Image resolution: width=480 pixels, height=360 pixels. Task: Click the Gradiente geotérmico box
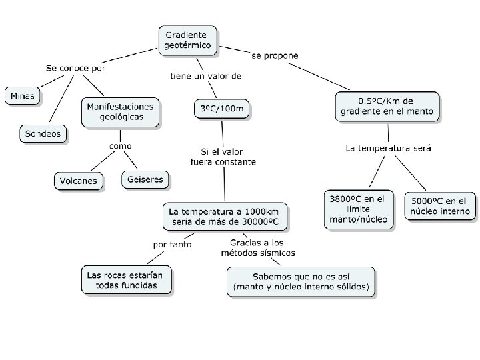coord(187,40)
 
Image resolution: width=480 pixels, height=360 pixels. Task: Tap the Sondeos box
coord(43,134)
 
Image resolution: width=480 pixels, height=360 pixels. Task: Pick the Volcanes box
coord(79,181)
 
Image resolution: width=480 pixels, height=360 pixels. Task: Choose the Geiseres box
coord(145,179)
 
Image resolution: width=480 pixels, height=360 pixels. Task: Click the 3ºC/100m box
coord(221,107)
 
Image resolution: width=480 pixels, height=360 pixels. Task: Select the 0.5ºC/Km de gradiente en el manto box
coord(386,106)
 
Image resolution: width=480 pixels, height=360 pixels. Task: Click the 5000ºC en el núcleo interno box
coord(440,206)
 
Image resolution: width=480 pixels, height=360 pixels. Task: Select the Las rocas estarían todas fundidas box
coord(127,280)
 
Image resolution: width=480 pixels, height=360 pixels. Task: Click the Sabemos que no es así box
coord(301,281)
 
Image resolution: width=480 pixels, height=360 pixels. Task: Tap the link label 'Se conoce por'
coord(75,68)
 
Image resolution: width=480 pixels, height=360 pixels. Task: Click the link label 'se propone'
coord(275,55)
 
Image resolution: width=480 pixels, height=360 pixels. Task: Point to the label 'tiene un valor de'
coord(205,75)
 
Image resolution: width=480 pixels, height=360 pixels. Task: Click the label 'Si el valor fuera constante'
coord(222,156)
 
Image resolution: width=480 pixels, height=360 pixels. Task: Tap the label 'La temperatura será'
coord(389,148)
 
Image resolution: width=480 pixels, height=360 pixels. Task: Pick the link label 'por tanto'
coord(172,244)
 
